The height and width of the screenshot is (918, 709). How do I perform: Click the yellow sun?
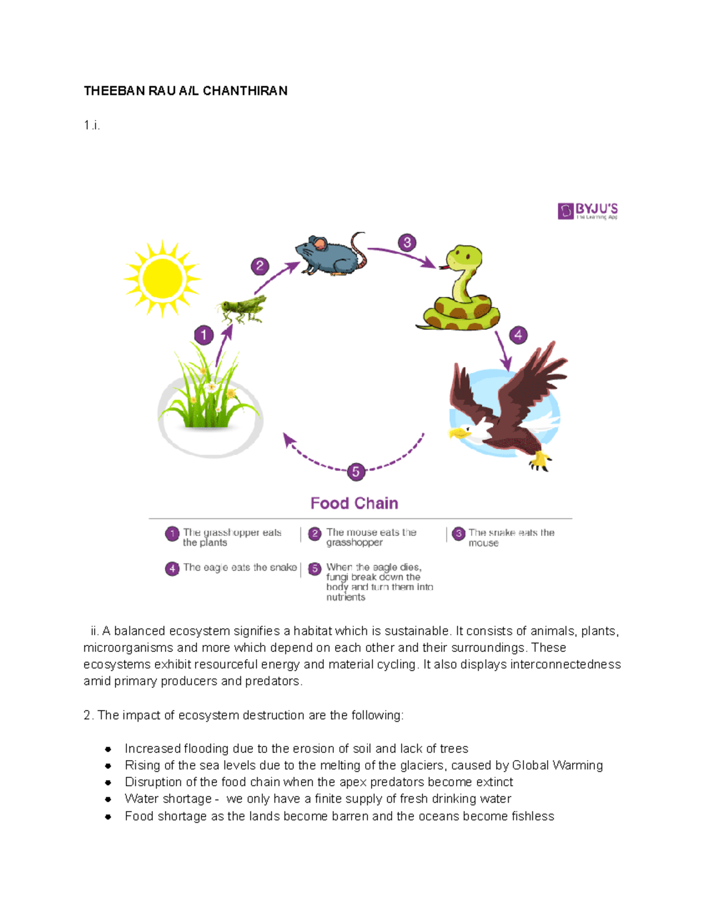(x=162, y=278)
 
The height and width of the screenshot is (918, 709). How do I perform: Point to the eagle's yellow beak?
(x=456, y=434)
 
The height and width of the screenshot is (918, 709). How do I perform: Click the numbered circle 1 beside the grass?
(x=204, y=335)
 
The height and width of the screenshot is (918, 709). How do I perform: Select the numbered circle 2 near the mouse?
(x=260, y=266)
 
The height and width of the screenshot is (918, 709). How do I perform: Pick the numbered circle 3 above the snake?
(x=407, y=242)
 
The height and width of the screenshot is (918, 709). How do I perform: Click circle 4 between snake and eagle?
(x=518, y=335)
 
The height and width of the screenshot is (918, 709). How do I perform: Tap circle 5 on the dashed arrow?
(x=356, y=472)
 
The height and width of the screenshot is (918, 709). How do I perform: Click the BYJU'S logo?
(x=588, y=211)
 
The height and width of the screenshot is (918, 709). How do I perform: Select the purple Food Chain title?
(x=354, y=503)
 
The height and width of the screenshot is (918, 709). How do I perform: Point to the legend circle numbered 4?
(x=172, y=568)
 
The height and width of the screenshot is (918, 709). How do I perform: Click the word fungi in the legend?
(x=337, y=578)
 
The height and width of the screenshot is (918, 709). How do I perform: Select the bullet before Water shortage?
(x=108, y=799)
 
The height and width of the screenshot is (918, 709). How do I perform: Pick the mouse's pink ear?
(x=319, y=244)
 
